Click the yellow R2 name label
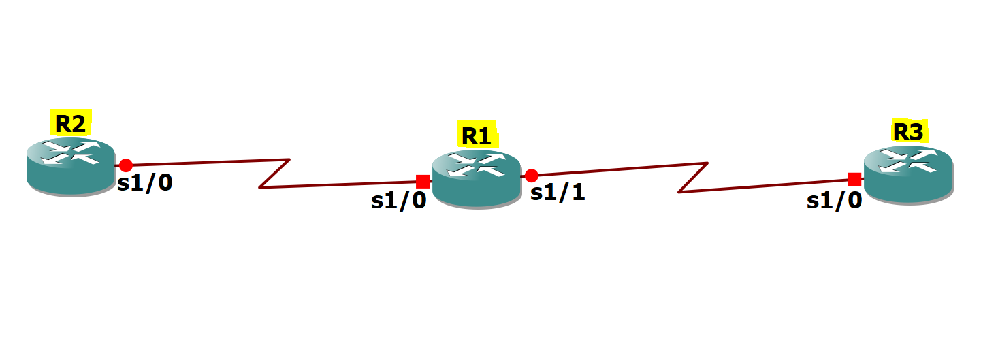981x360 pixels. [71, 122]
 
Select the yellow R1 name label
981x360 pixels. [477, 133]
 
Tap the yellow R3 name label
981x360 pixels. [910, 131]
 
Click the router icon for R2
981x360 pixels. [71, 167]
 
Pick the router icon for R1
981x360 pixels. [477, 179]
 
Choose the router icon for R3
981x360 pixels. [908, 175]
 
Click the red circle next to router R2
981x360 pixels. [126, 165]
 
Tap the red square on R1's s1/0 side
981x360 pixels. [423, 181]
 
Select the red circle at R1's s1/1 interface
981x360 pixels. [531, 176]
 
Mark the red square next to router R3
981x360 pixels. [854, 180]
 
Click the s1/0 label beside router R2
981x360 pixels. [145, 183]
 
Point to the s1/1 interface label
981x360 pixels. [558, 193]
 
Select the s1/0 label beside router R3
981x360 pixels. [834, 201]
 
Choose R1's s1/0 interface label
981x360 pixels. [398, 201]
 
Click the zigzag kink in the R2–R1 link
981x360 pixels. [274, 174]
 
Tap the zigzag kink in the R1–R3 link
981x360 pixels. [693, 178]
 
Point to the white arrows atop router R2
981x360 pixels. [71, 152]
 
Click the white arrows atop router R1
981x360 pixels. [477, 164]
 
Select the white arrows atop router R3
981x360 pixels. [908, 161]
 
